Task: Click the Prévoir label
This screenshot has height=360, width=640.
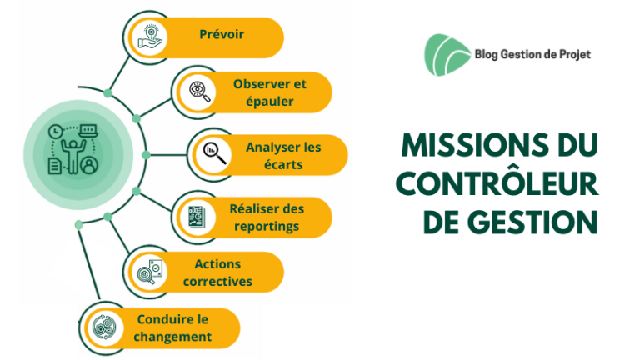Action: (x=222, y=34)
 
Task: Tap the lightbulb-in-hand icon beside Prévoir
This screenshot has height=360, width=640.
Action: (x=150, y=37)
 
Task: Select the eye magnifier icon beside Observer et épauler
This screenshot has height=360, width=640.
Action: (x=200, y=92)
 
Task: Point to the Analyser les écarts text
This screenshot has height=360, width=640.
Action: (x=283, y=156)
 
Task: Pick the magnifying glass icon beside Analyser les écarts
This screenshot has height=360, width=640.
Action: (x=215, y=153)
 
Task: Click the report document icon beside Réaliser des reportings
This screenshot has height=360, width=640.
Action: (x=197, y=217)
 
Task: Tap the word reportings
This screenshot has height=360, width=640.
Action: (x=267, y=227)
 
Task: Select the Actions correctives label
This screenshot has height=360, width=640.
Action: (x=217, y=272)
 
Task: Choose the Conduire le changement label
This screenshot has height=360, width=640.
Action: (x=172, y=327)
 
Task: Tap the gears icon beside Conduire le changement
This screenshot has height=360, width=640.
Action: (x=104, y=327)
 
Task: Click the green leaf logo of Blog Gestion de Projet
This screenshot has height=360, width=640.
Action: (x=447, y=55)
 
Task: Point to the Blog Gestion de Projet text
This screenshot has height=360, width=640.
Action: (x=532, y=55)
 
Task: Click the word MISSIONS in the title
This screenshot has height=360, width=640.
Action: (x=475, y=145)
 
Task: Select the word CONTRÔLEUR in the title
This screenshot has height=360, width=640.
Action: (x=497, y=183)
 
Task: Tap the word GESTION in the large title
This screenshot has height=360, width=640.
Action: (x=532, y=222)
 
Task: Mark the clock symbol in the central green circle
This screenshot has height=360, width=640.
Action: (x=56, y=132)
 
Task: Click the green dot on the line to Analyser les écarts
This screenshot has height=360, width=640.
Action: (x=146, y=155)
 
